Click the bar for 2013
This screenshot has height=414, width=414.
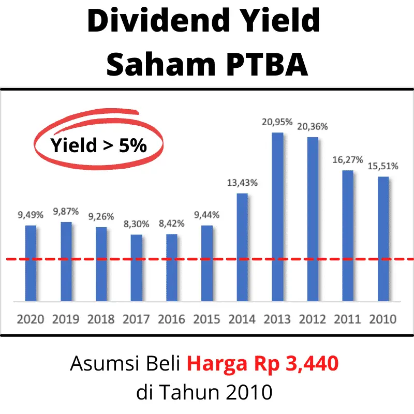(x=277, y=217)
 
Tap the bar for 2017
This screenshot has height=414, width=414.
(x=137, y=268)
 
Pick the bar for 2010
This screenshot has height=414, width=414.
(x=383, y=239)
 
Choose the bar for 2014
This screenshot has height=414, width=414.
(x=242, y=247)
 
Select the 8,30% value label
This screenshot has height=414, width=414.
(x=137, y=224)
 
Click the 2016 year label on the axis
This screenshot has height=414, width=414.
(x=172, y=319)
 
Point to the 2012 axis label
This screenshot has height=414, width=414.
(x=313, y=319)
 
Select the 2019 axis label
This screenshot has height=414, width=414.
(x=66, y=319)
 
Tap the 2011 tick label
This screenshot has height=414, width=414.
(x=348, y=319)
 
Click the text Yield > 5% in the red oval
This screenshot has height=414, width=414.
(x=98, y=145)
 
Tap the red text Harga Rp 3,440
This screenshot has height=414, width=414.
(x=263, y=364)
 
